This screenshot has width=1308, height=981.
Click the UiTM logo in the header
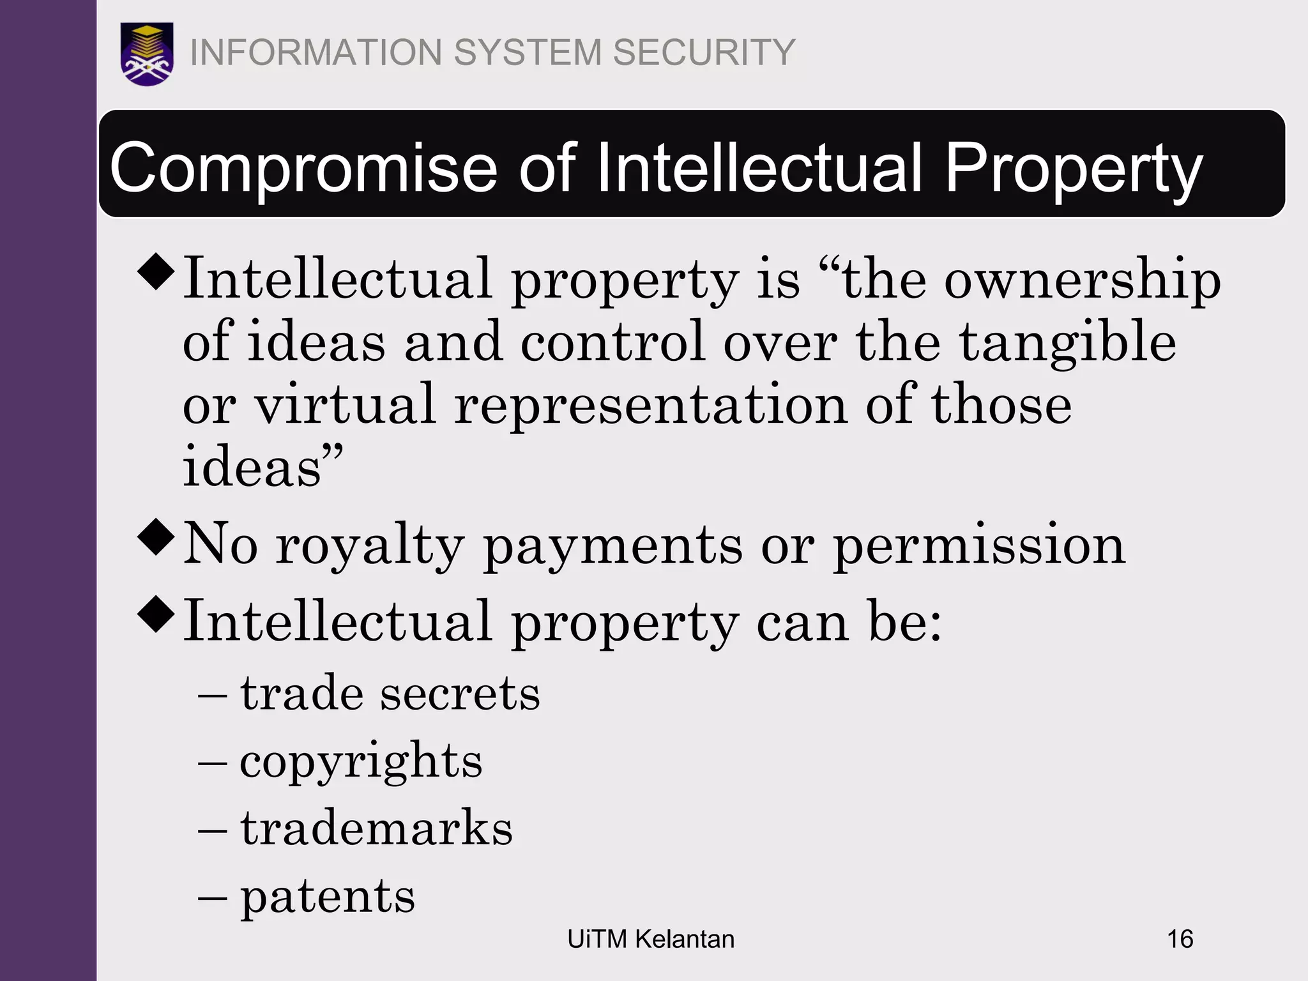click(x=147, y=54)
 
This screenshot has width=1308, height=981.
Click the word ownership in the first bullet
click(x=1083, y=280)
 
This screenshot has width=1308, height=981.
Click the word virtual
click(x=346, y=405)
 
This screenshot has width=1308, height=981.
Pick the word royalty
click(x=369, y=546)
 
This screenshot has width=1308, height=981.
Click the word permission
click(x=979, y=546)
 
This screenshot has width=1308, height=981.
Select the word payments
click(x=612, y=546)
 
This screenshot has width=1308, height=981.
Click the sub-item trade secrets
click(x=390, y=694)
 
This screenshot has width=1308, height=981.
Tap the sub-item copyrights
click(x=361, y=761)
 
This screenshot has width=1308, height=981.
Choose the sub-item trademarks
click(x=376, y=828)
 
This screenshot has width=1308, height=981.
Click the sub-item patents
click(x=327, y=896)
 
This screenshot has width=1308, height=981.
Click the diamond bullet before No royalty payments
click(x=156, y=538)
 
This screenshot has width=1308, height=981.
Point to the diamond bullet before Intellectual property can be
click(x=156, y=614)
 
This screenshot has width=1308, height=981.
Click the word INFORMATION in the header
click(x=316, y=52)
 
